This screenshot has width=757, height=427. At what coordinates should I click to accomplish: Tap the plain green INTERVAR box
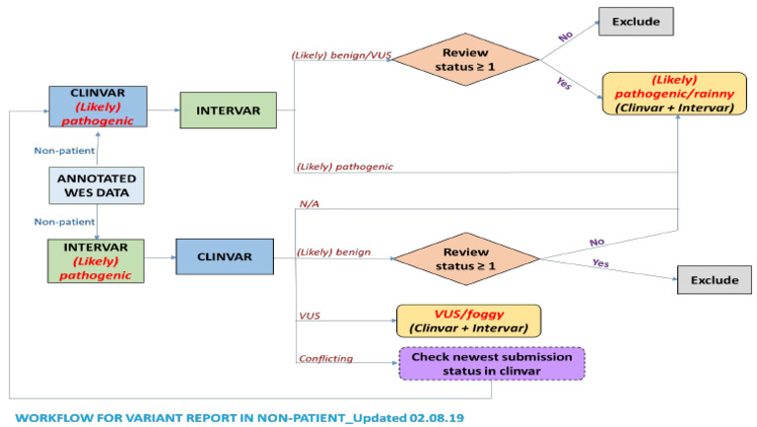click(x=228, y=108)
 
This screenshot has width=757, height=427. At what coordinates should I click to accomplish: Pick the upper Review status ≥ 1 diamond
click(x=464, y=58)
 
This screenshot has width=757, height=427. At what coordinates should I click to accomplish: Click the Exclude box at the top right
click(x=635, y=20)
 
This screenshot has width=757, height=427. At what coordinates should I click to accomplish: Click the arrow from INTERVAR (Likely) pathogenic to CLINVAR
click(x=159, y=258)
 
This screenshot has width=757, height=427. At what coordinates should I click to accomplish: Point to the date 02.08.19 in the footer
click(x=432, y=416)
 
